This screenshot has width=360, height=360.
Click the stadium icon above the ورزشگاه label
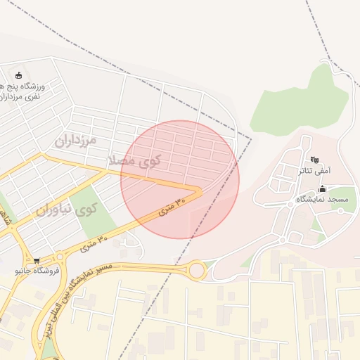pos(18,75)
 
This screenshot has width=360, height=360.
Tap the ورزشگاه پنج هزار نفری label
pos(25,91)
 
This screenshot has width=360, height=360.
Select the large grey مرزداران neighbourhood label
pos(75,140)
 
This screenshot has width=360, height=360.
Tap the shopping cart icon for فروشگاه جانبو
pos(37,261)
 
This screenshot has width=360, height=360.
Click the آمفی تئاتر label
pos(314,170)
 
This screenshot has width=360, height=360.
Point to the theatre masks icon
pos(314,160)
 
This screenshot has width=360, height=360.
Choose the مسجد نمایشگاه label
pos(322,200)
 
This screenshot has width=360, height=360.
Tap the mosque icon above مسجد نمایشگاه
pos(322,188)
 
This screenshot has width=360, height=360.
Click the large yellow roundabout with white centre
pos(197,270)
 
